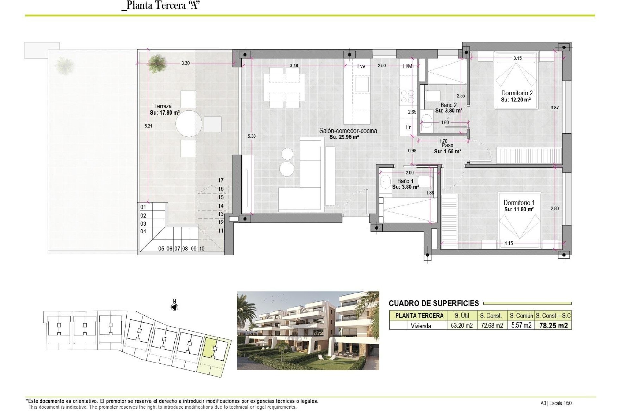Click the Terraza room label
click(x=163, y=106)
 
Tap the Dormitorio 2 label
click(x=517, y=93)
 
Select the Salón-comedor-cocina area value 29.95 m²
click(x=344, y=137)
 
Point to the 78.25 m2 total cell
click(x=553, y=326)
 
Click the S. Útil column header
click(x=461, y=316)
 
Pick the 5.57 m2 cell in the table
click(x=521, y=325)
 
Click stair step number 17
click(x=221, y=180)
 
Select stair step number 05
click(x=161, y=249)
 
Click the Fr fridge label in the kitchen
click(x=408, y=127)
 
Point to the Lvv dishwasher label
click(x=361, y=66)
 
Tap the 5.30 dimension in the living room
click(x=252, y=136)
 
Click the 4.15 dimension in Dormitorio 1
click(x=508, y=243)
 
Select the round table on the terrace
click(x=189, y=124)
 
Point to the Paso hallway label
click(x=447, y=146)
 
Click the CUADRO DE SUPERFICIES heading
click(x=434, y=303)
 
